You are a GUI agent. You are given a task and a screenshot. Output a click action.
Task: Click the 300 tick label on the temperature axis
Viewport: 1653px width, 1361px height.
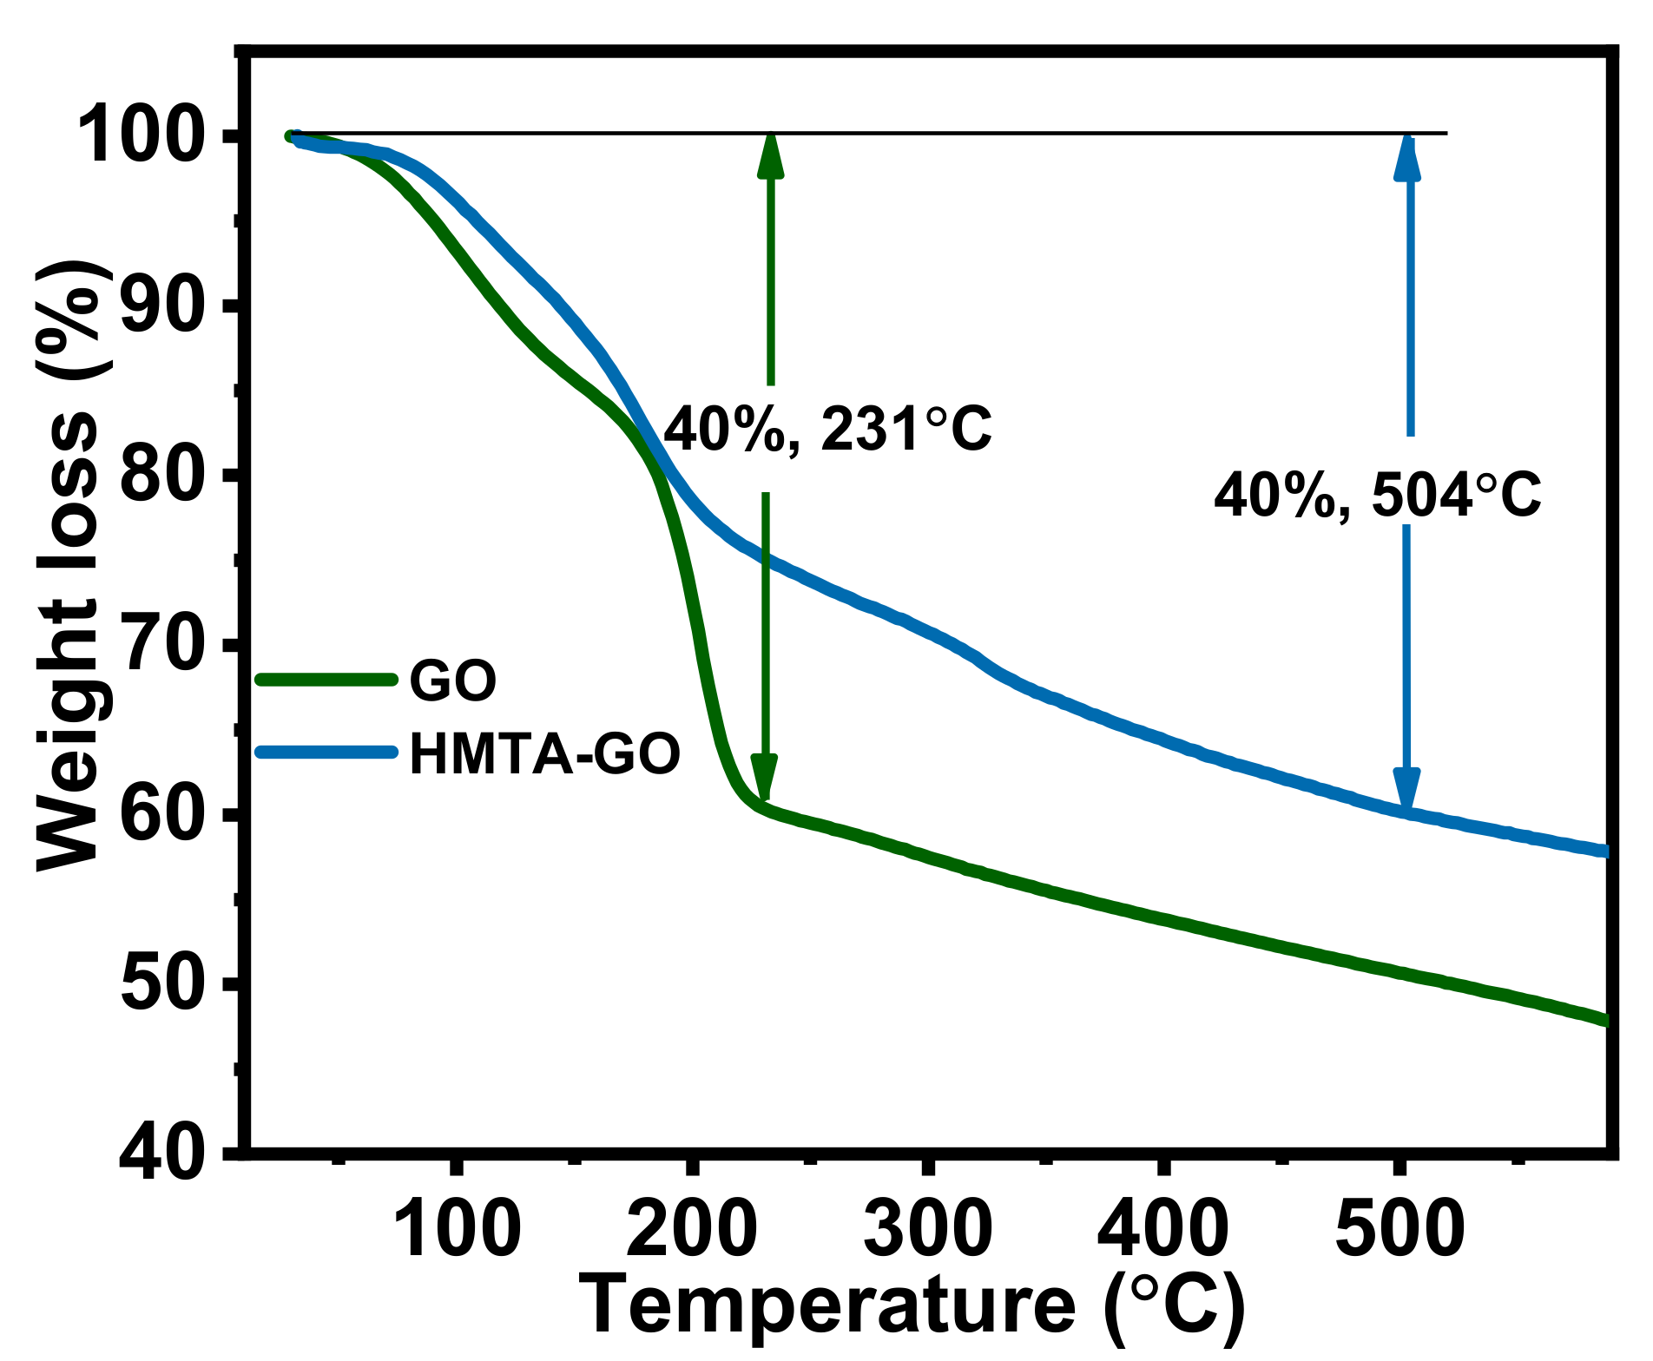click(x=928, y=1228)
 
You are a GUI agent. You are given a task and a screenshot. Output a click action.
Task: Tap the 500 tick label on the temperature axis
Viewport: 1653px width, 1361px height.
click(x=1399, y=1228)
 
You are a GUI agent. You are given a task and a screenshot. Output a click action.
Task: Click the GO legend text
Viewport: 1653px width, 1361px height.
click(x=453, y=681)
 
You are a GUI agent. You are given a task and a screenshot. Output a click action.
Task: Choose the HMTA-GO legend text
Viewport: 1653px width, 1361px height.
click(x=545, y=754)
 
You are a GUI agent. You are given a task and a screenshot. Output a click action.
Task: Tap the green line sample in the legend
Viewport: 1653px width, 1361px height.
click(x=326, y=680)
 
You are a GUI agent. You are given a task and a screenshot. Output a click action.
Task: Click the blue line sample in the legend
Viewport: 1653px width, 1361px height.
click(x=326, y=752)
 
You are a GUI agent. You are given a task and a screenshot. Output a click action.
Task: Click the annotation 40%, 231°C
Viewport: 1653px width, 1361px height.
click(x=827, y=429)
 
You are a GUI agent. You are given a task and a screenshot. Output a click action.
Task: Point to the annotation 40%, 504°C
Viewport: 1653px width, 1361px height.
click(x=1378, y=496)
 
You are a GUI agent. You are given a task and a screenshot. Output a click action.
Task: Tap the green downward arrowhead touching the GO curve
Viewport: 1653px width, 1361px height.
click(x=764, y=777)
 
